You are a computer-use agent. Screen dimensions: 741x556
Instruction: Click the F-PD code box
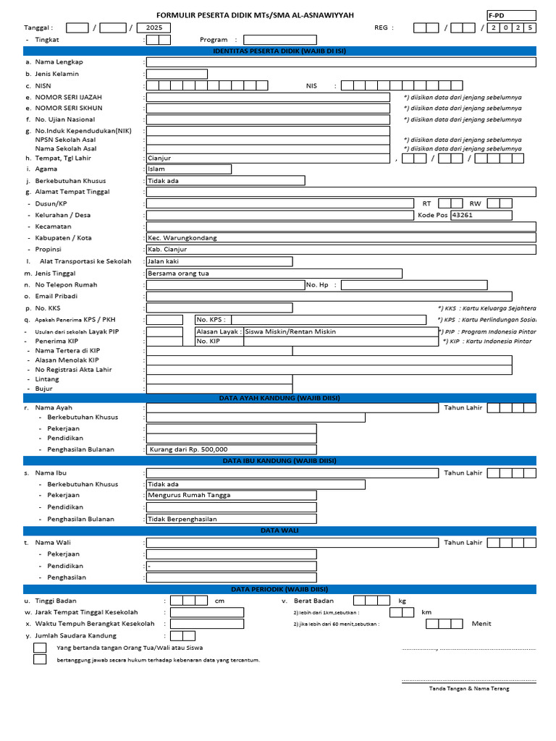click(x=511, y=15)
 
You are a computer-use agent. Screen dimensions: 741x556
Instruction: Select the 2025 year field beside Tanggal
click(x=153, y=27)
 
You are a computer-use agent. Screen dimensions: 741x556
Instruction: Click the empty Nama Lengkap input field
click(x=340, y=62)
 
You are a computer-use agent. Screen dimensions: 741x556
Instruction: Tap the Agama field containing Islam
click(x=188, y=169)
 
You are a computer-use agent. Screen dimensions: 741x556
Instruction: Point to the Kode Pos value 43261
click(x=481, y=215)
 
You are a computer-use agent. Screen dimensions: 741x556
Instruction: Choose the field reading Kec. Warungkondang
click(x=340, y=238)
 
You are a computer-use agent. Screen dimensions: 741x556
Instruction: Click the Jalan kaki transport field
click(x=219, y=261)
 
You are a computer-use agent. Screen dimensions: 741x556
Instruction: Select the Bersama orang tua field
click(x=274, y=274)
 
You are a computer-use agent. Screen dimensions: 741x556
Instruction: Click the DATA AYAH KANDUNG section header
click(x=279, y=398)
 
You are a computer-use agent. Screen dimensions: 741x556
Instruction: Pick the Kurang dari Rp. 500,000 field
click(x=231, y=449)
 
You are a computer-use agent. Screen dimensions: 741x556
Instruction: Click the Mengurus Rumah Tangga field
click(x=231, y=495)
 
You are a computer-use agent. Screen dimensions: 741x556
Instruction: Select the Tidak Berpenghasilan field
click(x=231, y=519)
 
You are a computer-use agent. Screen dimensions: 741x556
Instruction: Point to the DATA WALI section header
click(x=279, y=530)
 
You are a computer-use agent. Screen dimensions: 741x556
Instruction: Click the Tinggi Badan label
click(x=56, y=601)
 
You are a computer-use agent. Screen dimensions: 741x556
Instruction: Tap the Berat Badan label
click(x=313, y=601)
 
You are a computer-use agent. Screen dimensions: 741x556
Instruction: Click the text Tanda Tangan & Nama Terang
click(x=469, y=688)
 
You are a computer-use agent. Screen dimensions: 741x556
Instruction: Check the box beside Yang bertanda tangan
click(x=40, y=648)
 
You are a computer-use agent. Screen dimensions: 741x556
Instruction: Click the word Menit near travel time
click(x=481, y=623)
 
